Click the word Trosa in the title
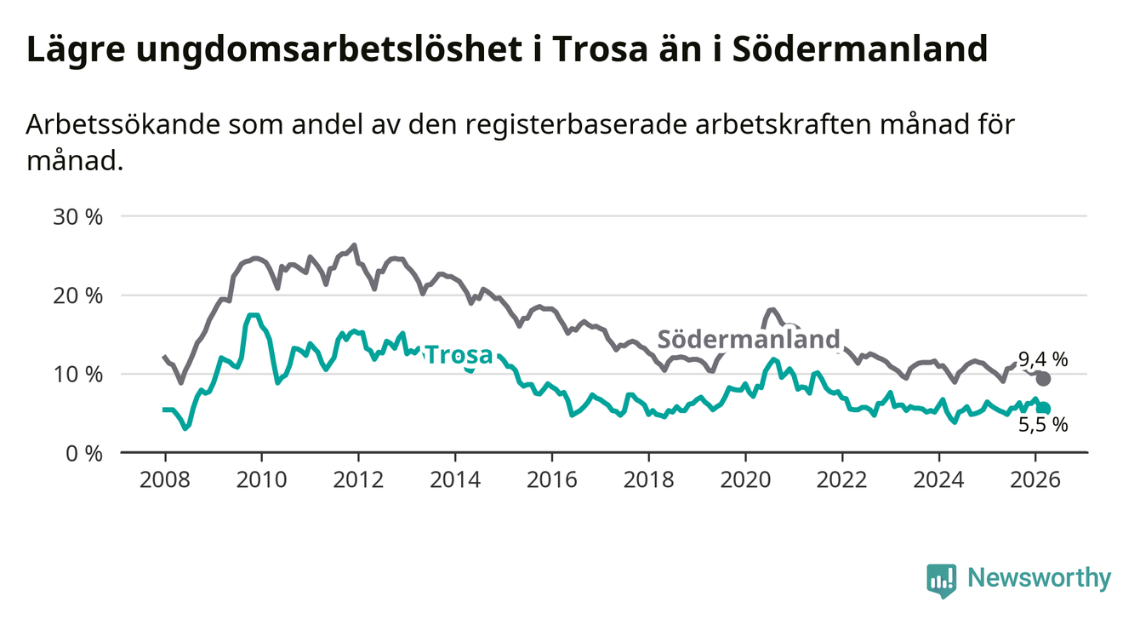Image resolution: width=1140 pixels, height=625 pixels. coord(596,49)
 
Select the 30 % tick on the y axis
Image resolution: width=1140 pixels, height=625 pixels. coord(78,216)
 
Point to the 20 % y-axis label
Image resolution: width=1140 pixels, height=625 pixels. coord(78,295)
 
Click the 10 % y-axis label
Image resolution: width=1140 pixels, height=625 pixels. coord(78,374)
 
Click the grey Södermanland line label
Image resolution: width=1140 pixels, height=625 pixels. coord(749,339)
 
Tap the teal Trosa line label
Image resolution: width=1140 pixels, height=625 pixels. coord(459,354)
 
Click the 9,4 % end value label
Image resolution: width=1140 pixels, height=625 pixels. coord(1042,360)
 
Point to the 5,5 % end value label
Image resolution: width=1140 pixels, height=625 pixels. coord(1043,424)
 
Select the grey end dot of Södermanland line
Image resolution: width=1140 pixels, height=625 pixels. coord(1044,379)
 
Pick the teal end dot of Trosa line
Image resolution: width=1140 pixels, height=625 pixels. coord(1044,410)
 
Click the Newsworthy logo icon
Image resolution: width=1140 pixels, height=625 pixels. coord(941,579)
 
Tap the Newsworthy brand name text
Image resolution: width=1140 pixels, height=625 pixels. coord(1040,579)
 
